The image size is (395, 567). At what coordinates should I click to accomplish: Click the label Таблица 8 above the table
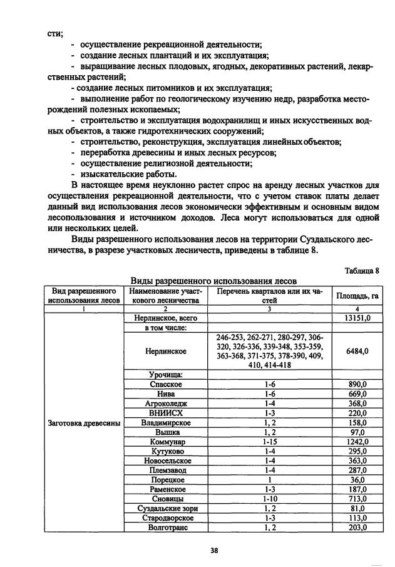tap(362, 271)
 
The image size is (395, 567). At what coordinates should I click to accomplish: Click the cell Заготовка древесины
tap(84, 422)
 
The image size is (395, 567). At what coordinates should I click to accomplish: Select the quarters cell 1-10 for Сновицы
tap(270, 499)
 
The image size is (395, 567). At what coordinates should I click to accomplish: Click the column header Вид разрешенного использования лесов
tap(84, 296)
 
